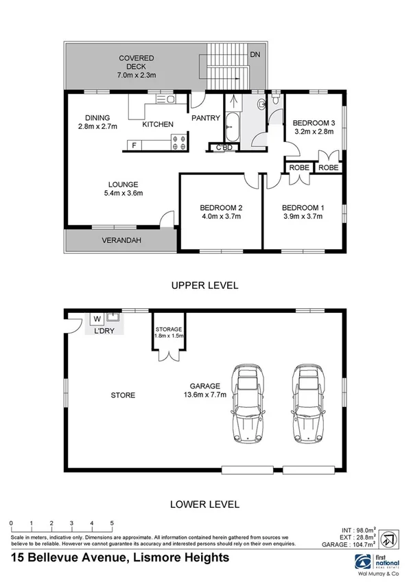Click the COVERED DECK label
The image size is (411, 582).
136,58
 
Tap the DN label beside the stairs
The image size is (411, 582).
255,54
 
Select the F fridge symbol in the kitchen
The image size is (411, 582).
133,145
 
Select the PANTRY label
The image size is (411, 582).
205,118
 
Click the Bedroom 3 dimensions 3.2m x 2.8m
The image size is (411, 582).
313,131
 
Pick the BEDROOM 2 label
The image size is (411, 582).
221,208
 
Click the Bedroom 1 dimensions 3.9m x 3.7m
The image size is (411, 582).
303,217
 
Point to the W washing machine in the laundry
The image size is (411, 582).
96,318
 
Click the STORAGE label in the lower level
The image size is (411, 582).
168,329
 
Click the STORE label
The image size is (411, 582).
123,395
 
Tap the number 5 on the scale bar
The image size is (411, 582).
112,523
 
